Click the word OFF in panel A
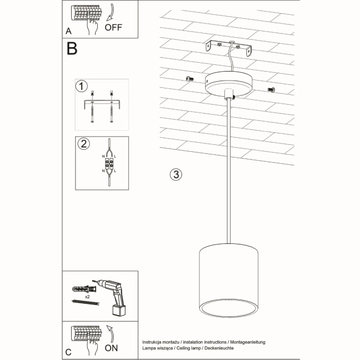point(114,28)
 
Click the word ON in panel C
point(111,347)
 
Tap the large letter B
point(72,49)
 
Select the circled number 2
point(82,143)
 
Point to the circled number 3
point(176,174)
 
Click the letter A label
point(69,31)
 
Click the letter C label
point(69,352)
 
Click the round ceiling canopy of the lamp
point(229,84)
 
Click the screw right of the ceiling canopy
point(271,89)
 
